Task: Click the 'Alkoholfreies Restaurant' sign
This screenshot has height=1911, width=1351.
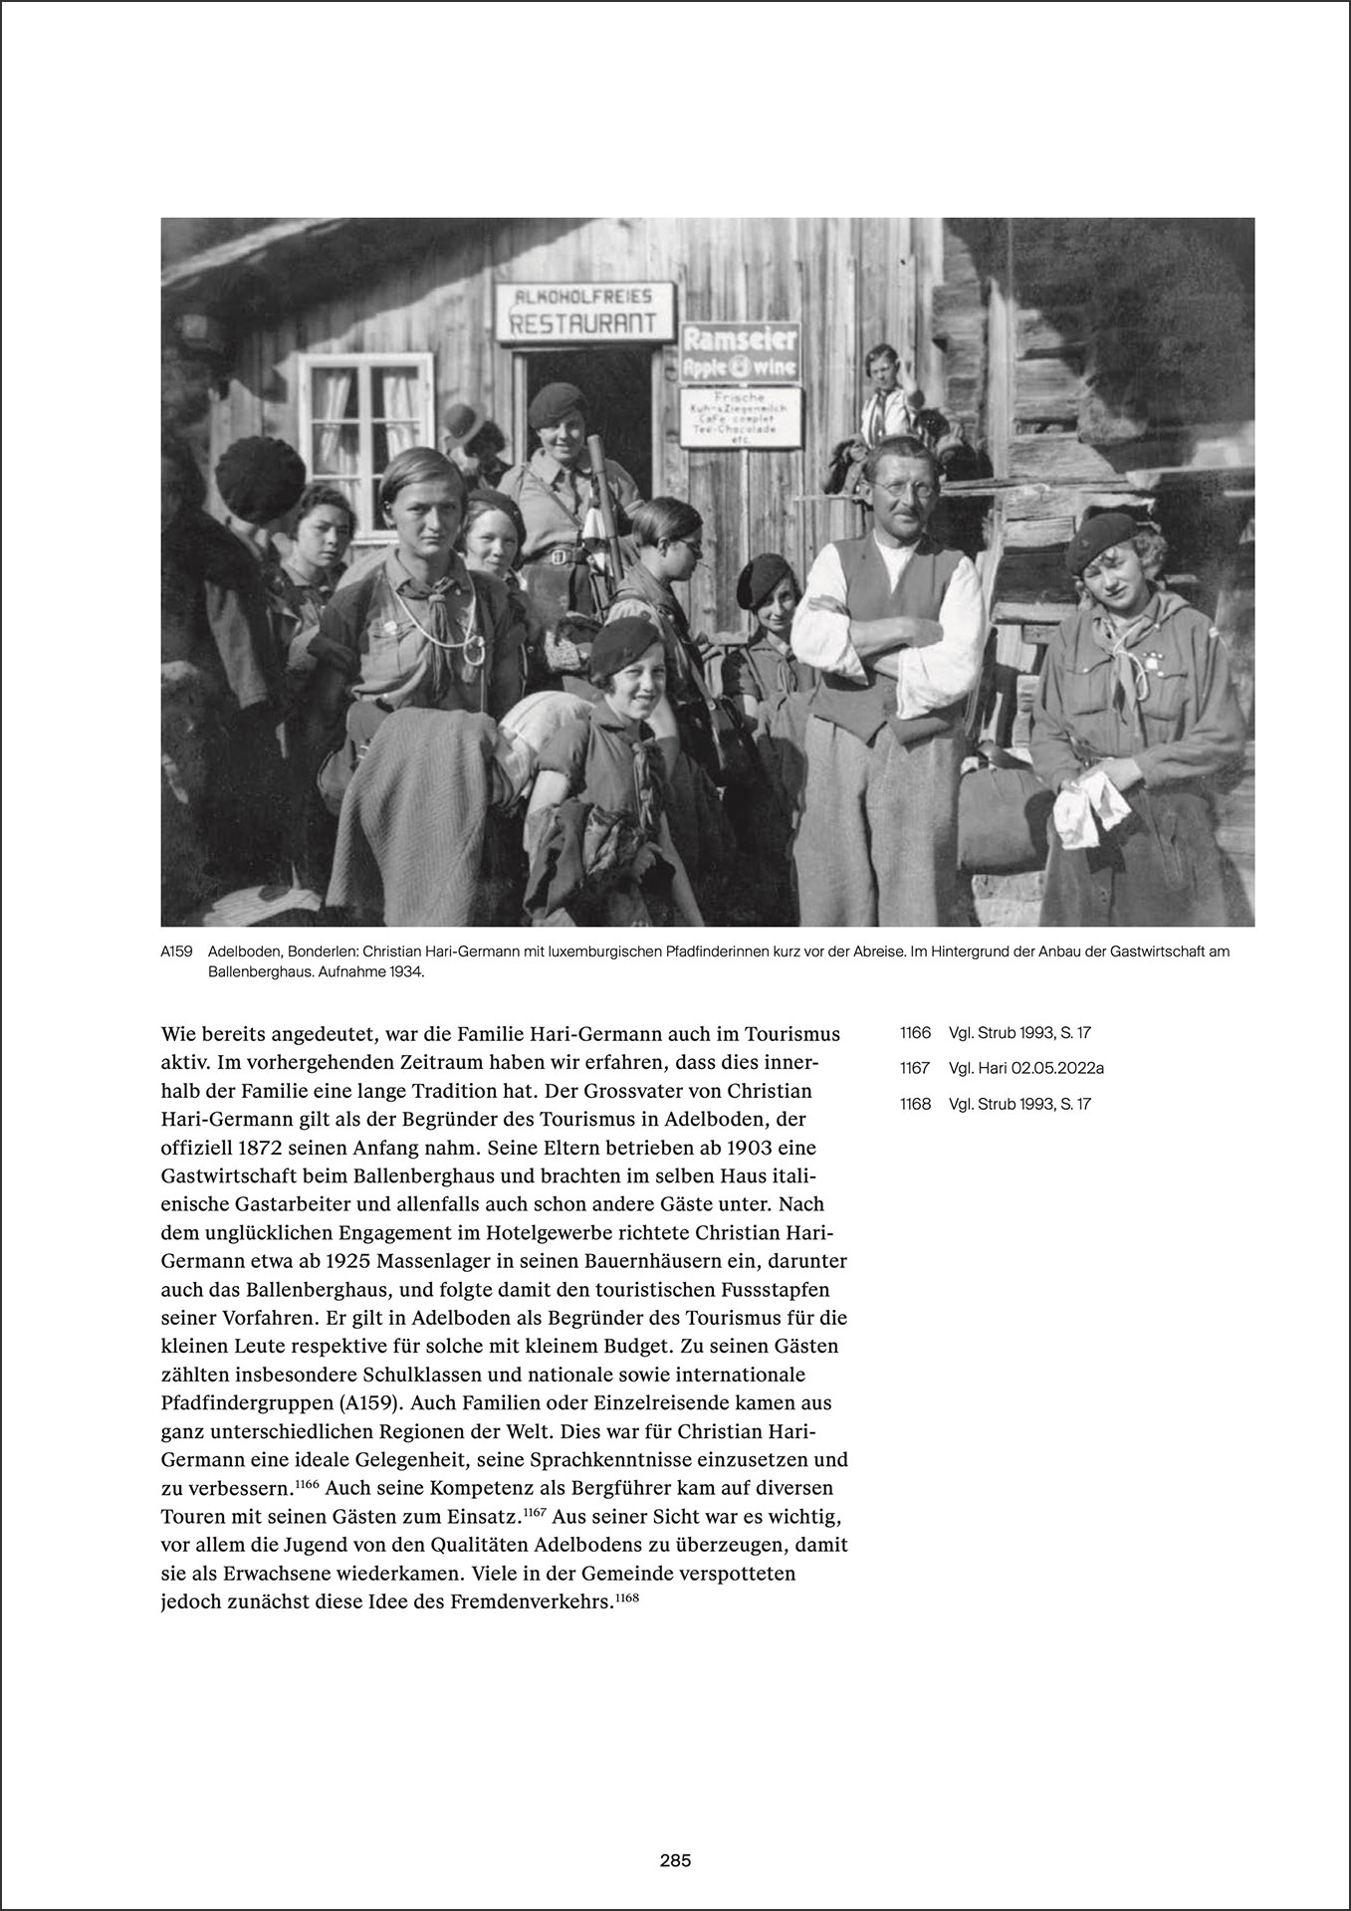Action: pos(585,311)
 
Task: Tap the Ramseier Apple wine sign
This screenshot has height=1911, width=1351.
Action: pos(740,352)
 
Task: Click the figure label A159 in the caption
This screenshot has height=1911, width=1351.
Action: pos(175,953)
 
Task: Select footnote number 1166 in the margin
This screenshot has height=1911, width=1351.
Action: pos(914,1033)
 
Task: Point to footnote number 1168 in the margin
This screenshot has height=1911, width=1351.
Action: pos(914,1104)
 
